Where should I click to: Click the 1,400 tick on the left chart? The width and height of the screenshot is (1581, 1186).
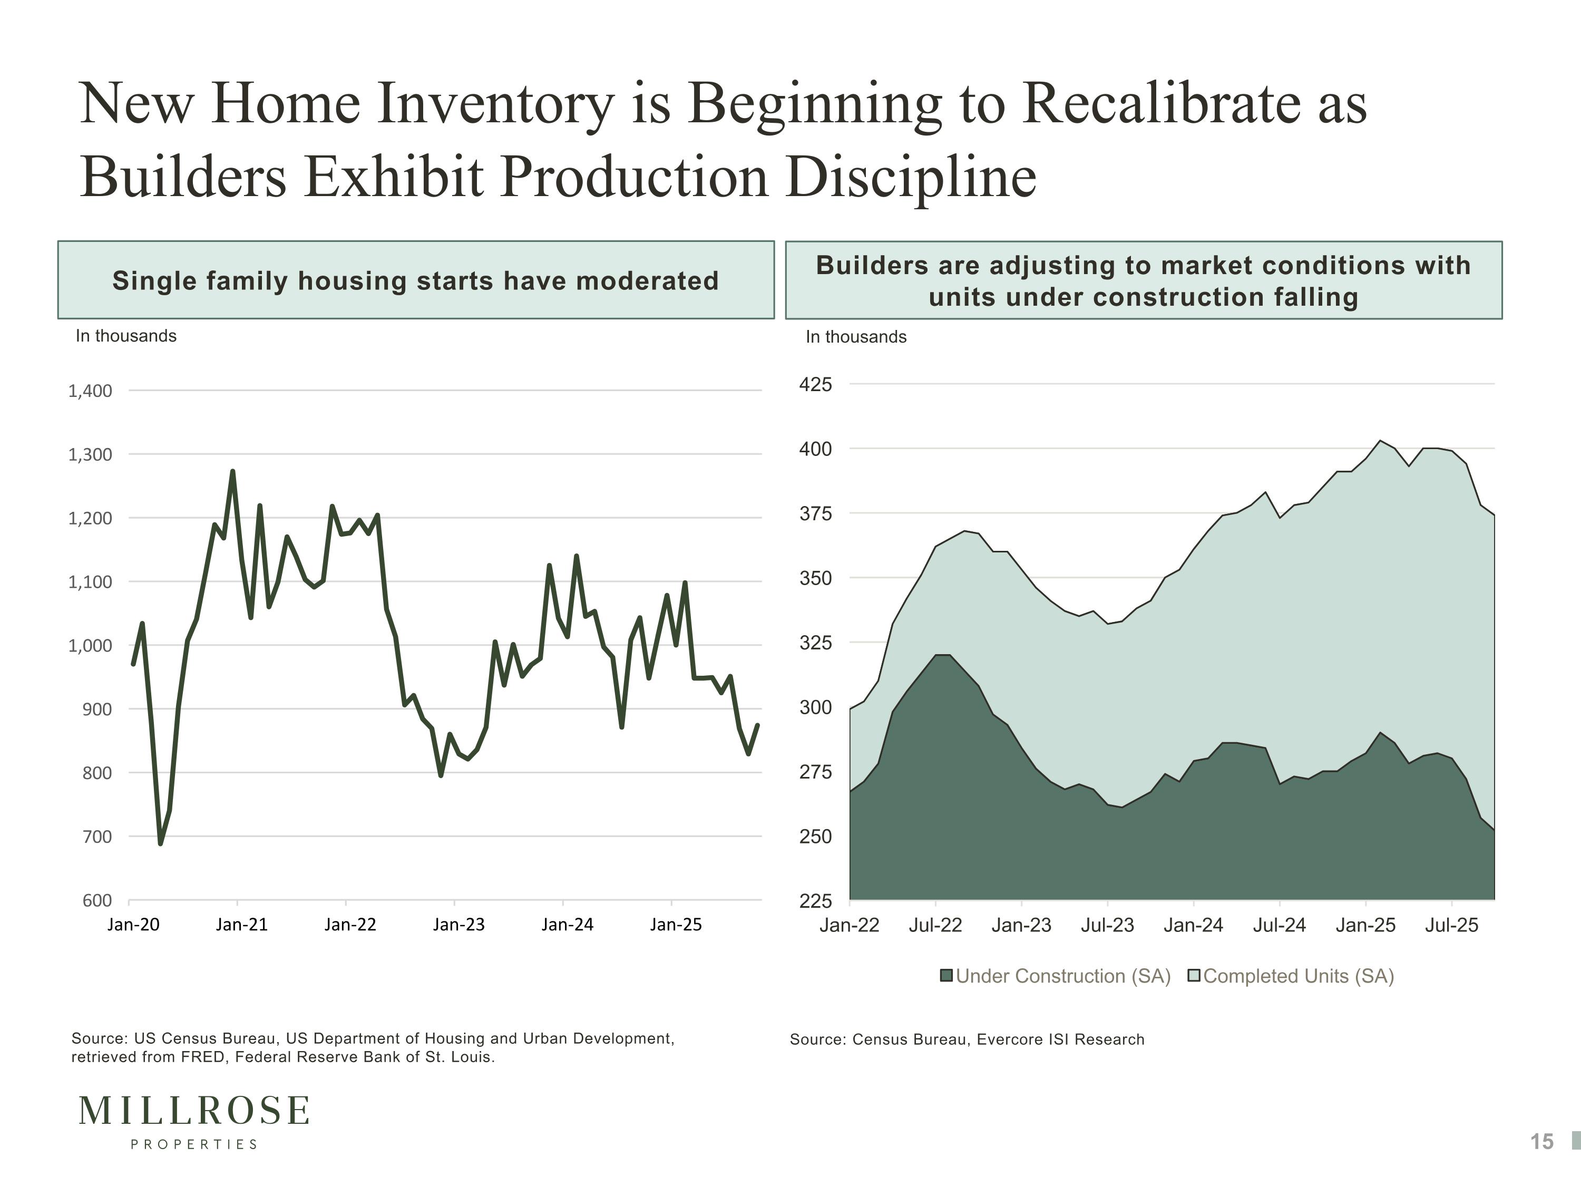(90, 391)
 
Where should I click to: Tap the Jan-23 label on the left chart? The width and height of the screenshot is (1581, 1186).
(459, 925)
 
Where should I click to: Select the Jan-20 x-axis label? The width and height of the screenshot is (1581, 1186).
(134, 925)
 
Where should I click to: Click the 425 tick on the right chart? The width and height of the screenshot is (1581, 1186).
(815, 385)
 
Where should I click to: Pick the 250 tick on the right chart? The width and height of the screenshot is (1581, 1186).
(815, 837)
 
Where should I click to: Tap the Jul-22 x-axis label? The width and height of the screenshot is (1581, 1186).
(935, 925)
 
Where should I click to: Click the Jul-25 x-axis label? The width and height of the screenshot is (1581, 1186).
(1452, 925)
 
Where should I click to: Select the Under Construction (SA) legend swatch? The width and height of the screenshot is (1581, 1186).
(946, 976)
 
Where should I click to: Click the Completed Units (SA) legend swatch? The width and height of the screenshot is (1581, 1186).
(1194, 976)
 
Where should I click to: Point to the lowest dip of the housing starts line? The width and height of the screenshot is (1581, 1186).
(160, 843)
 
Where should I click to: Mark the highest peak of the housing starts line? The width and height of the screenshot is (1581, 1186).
(232, 471)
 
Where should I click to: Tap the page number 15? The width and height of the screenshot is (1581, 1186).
(1541, 1142)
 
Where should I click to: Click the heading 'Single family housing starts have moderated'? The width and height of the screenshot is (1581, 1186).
(415, 281)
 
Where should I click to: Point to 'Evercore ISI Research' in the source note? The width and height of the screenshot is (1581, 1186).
(1061, 1039)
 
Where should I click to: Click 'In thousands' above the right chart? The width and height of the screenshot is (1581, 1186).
(856, 337)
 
